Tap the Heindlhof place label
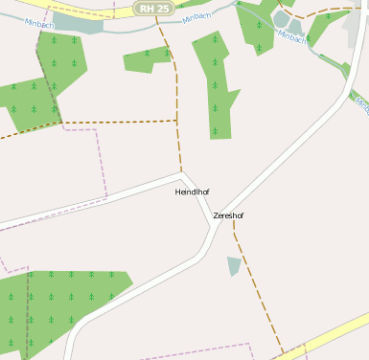point(192,192)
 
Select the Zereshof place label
point(228,215)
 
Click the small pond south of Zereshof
point(234,265)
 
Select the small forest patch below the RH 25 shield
point(146,59)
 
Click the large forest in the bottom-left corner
point(58,306)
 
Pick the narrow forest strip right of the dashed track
point(216,86)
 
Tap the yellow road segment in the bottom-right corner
point(331,335)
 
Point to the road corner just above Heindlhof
point(181,175)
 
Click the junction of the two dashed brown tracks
point(177,121)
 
